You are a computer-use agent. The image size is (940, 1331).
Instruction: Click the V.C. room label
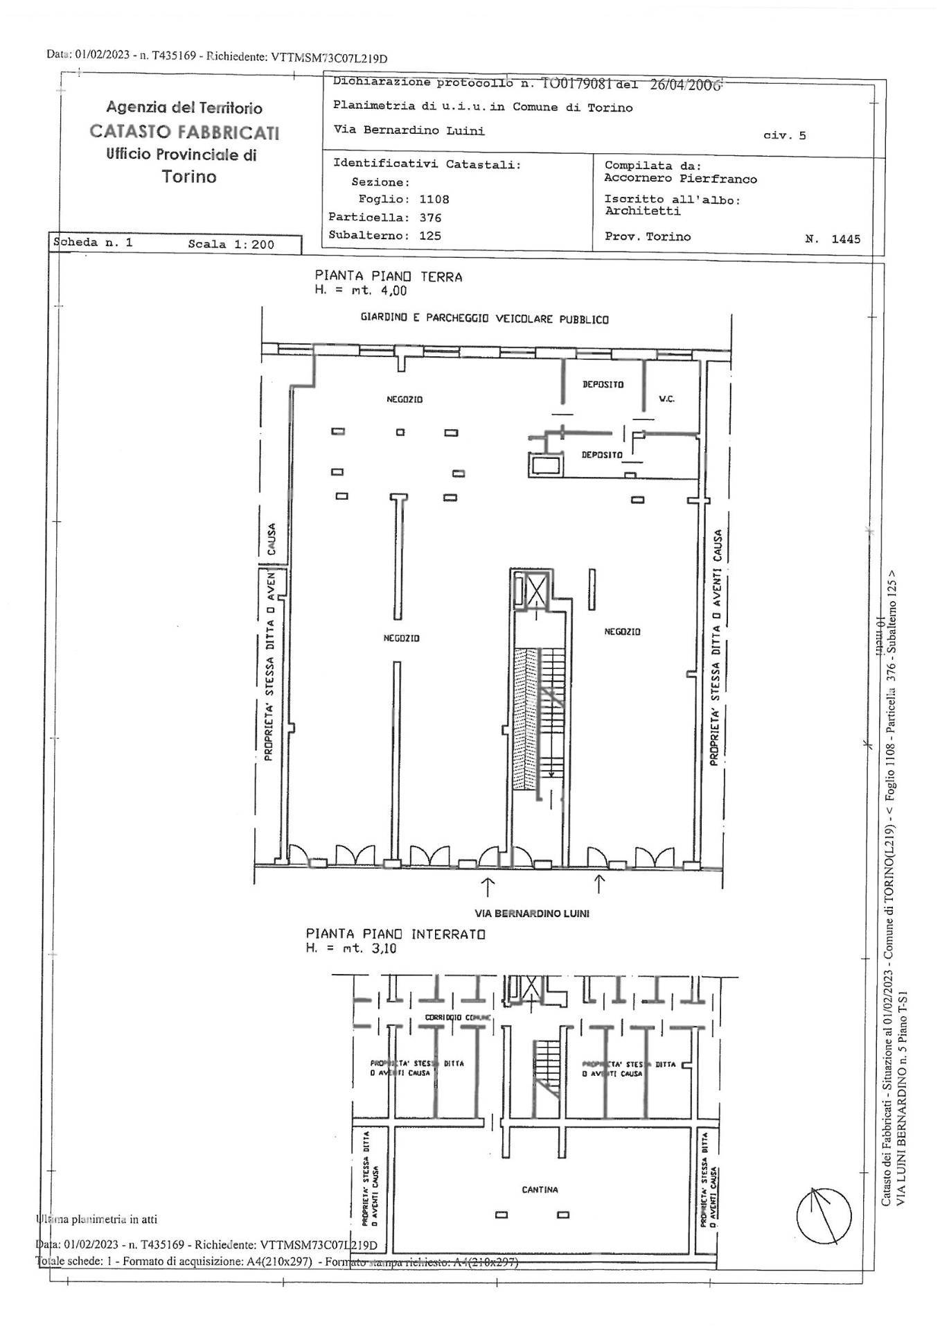[x=666, y=399]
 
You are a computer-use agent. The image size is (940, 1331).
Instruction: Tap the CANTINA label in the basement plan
[x=540, y=1190]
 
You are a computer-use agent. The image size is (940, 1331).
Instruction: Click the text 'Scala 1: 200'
[x=231, y=244]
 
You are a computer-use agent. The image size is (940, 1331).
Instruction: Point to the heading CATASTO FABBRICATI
[x=185, y=132]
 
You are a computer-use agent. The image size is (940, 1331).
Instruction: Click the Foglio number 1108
[x=434, y=200]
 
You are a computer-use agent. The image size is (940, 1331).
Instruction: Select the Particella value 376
[x=430, y=218]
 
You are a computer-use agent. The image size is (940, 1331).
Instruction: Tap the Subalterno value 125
[x=430, y=236]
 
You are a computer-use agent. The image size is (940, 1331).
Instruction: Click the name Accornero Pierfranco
[x=680, y=179]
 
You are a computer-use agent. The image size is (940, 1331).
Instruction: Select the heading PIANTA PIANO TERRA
[x=388, y=277]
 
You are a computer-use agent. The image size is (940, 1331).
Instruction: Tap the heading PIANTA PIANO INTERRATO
[x=396, y=934]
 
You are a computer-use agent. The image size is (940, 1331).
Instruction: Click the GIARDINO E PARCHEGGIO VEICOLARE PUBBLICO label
[x=484, y=320]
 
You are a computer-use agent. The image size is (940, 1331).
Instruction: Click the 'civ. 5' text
[x=784, y=136]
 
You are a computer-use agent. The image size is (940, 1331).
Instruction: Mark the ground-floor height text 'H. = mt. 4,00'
[x=361, y=291]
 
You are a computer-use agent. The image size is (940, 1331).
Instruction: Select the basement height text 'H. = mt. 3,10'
[x=351, y=948]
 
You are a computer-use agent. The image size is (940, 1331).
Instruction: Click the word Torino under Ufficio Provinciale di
[x=189, y=177]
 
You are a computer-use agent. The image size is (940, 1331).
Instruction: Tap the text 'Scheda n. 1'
[x=93, y=243]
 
